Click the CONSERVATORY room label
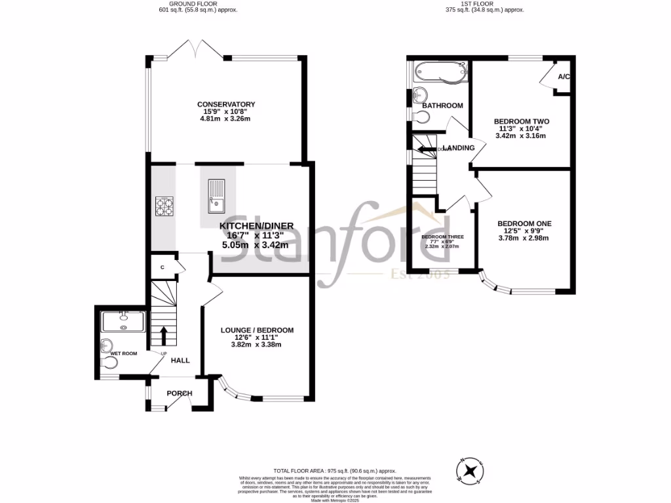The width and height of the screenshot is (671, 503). click(226, 104)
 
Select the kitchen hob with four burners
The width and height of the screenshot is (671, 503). click(165, 207)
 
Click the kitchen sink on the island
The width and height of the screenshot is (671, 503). click(216, 196)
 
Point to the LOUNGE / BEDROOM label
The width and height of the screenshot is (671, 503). click(257, 330)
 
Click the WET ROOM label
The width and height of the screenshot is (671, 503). click(124, 354)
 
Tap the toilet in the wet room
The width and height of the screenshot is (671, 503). click(107, 346)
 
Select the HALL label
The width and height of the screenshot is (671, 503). click(180, 360)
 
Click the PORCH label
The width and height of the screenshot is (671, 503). click(180, 393)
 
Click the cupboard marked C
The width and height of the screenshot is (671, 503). click(162, 267)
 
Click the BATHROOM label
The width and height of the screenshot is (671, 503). click(442, 105)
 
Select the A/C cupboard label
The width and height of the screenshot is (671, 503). click(563, 77)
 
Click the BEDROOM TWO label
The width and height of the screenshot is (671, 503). click(522, 122)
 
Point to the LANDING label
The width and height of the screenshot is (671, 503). click(459, 148)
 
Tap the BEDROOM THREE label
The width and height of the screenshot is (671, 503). click(442, 237)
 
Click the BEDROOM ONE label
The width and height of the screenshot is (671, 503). click(524, 223)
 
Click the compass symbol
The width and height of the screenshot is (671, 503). click(470, 471)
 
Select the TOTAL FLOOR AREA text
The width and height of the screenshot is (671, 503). click(335, 471)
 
